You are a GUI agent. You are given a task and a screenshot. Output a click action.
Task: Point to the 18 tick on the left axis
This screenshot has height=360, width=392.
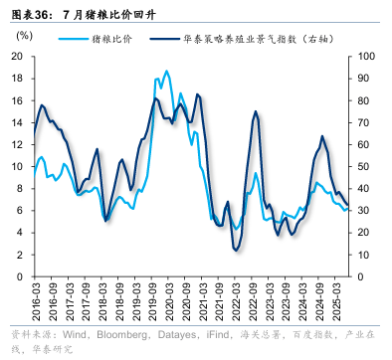point(17,79)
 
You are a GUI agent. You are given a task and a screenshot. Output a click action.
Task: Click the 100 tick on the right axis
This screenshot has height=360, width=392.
point(365,56)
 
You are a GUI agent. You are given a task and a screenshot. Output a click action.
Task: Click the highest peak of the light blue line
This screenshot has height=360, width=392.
point(166,71)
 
